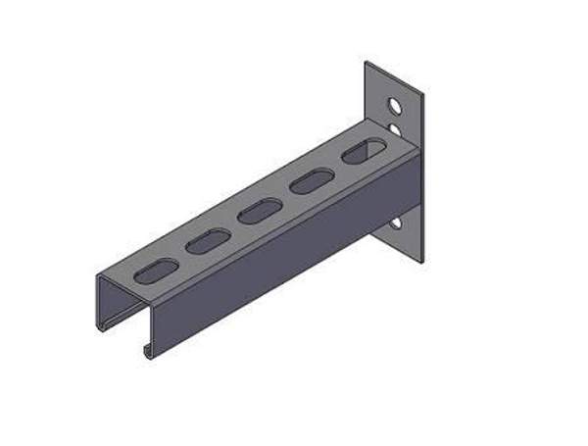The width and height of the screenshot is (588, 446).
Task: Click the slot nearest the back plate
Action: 364,152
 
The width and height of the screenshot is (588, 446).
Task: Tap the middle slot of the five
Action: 261,210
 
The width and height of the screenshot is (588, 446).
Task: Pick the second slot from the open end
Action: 208,240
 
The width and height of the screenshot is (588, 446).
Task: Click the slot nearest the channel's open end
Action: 156,271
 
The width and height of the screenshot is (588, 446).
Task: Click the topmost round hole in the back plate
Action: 394,103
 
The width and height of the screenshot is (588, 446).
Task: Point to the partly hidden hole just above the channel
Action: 394,127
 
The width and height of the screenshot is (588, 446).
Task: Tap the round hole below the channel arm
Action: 395,223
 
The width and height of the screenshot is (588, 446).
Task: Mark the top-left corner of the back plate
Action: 367,63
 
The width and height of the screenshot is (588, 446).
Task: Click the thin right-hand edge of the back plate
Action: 422,176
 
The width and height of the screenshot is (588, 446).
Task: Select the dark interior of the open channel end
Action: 122,314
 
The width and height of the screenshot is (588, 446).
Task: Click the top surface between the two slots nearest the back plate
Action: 339,167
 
